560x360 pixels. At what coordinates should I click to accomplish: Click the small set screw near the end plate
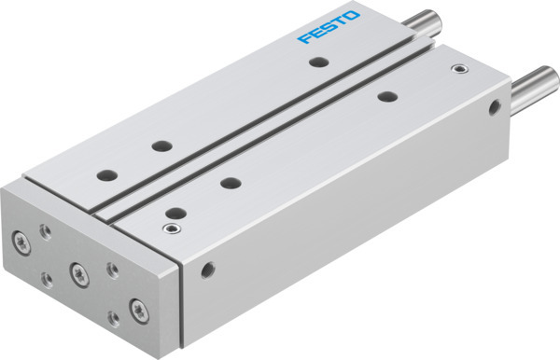tap(170, 226)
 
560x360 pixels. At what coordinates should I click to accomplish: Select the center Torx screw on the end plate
tap(77, 272)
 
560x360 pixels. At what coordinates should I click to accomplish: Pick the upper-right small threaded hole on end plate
tap(112, 269)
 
